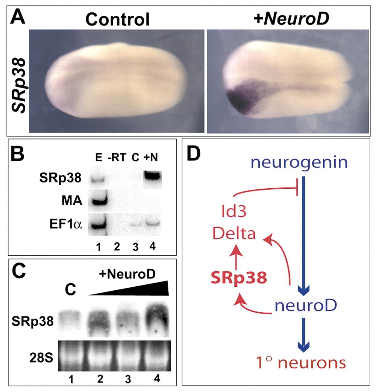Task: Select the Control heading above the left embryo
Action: click(117, 19)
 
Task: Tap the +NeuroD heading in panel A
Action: click(291, 19)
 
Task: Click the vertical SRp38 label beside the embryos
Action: click(19, 86)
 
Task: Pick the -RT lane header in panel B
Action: click(117, 157)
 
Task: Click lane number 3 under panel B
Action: click(135, 247)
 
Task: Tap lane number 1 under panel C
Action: click(71, 380)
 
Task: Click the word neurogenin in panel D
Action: click(299, 163)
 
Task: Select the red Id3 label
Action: click(234, 212)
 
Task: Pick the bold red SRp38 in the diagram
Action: click(239, 277)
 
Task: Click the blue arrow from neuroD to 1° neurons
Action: click(304, 335)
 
